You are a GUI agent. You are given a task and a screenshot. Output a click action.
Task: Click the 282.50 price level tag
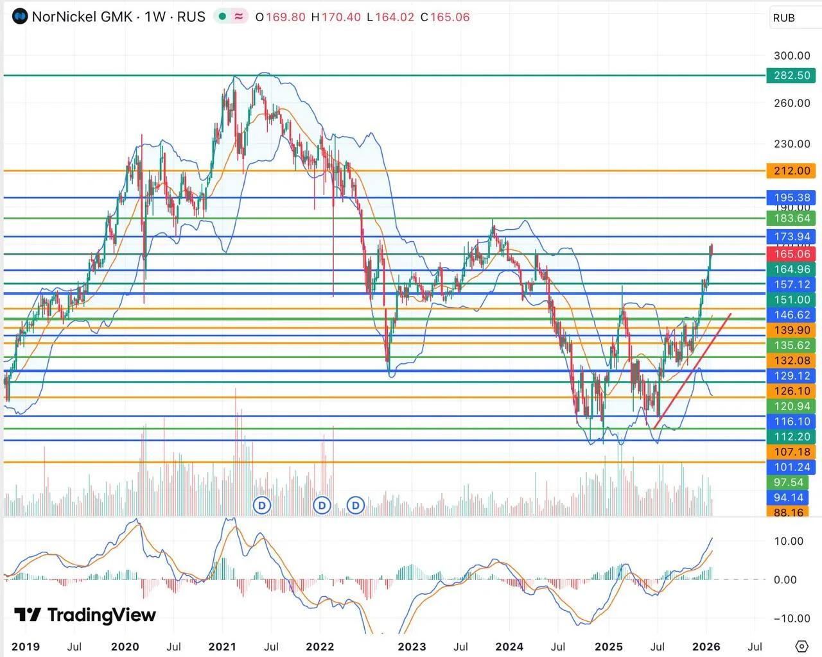[791, 75]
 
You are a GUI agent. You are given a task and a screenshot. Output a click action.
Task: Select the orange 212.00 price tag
[791, 171]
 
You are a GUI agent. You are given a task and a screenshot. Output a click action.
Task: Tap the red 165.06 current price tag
[791, 254]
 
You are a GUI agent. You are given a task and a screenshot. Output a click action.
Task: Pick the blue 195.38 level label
[791, 198]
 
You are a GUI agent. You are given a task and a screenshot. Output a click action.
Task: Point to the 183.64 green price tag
[791, 218]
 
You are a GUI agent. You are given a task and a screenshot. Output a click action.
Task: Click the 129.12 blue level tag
[791, 376]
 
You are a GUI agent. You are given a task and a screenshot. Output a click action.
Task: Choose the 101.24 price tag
[791, 467]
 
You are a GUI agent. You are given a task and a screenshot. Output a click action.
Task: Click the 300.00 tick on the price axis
[792, 56]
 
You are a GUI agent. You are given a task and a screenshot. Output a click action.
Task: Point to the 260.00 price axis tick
[792, 103]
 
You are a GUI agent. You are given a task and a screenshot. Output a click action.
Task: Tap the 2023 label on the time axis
[412, 646]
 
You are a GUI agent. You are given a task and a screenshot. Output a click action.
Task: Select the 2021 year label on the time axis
[222, 646]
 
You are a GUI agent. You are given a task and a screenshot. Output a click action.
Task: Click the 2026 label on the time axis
[706, 646]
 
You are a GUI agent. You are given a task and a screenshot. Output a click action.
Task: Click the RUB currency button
[784, 18]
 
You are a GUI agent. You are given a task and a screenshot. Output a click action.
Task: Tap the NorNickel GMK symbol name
[82, 17]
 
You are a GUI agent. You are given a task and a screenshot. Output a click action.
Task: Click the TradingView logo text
[101, 615]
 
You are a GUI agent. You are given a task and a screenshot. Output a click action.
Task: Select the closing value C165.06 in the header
[445, 17]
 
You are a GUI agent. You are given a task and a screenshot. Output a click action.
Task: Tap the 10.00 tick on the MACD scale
[788, 541]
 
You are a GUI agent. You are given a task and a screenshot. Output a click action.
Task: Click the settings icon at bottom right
[801, 645]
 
